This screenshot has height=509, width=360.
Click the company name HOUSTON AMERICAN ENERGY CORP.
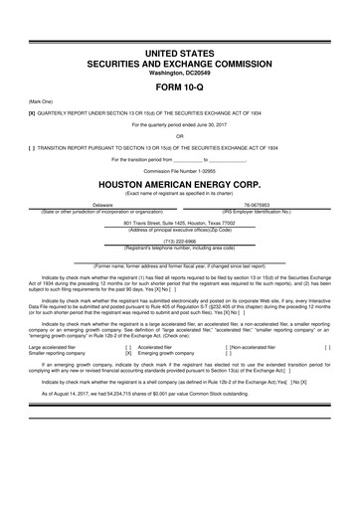(180, 184)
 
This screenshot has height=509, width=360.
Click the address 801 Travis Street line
(180, 224)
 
